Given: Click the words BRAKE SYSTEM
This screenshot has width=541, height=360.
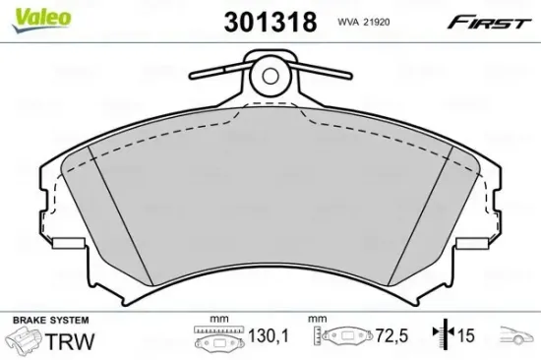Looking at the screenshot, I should (50, 321).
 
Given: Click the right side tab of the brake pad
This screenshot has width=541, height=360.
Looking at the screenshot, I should (477, 245).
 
